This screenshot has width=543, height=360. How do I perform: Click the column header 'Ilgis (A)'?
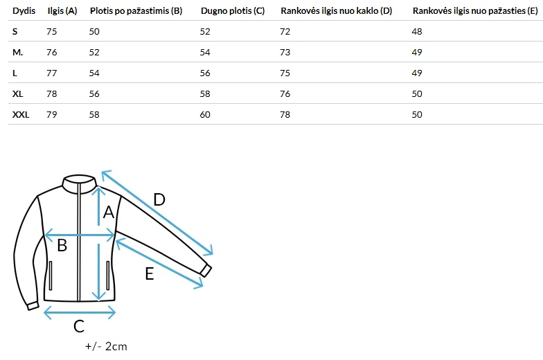coord(62,11)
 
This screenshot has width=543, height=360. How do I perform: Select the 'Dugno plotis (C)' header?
coord(233,11)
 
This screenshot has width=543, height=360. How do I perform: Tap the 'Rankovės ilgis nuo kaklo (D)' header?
coord(337,11)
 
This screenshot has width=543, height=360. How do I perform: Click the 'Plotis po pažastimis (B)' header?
coord(136,11)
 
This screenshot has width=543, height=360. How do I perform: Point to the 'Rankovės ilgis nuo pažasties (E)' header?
coord(475,11)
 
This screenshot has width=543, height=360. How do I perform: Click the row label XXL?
coord(21,115)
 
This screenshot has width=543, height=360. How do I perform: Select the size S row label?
coord(15,32)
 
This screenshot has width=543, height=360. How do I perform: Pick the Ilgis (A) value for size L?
coord(51,73)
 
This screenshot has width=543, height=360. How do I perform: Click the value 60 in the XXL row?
coord(205,115)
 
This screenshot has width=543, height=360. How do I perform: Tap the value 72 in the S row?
coord(285,32)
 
